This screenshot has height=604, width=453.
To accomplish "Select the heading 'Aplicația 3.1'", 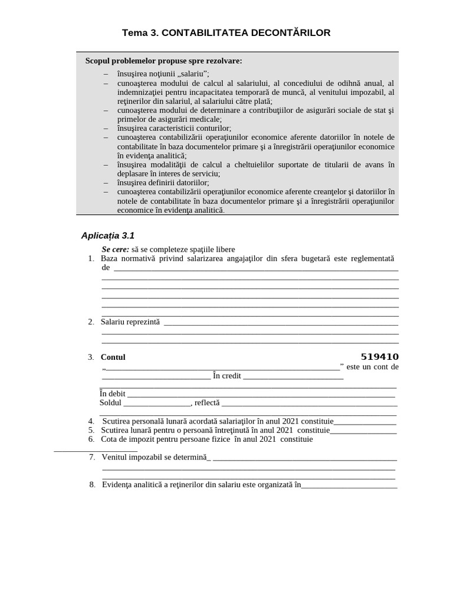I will pyautogui.click(x=107, y=236).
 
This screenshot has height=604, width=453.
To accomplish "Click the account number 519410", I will pyautogui.click(x=379, y=357).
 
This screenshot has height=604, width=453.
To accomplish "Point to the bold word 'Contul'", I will pyautogui.click(x=113, y=357).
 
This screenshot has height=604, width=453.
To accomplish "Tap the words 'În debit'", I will pyautogui.click(x=113, y=394).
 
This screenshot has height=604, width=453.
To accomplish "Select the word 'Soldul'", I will pyautogui.click(x=110, y=403).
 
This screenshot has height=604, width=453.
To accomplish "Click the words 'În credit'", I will pyautogui.click(x=227, y=376).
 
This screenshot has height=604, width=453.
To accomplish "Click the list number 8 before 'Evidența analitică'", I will pyautogui.click(x=93, y=485).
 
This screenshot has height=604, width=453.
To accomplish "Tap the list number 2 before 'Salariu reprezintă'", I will pyautogui.click(x=91, y=321).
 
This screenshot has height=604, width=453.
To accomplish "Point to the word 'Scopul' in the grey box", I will pyautogui.click(x=99, y=61).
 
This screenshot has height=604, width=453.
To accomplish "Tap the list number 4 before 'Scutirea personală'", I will pyautogui.click(x=91, y=421).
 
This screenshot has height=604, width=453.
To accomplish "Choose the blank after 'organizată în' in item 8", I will pyautogui.click(x=349, y=487).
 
